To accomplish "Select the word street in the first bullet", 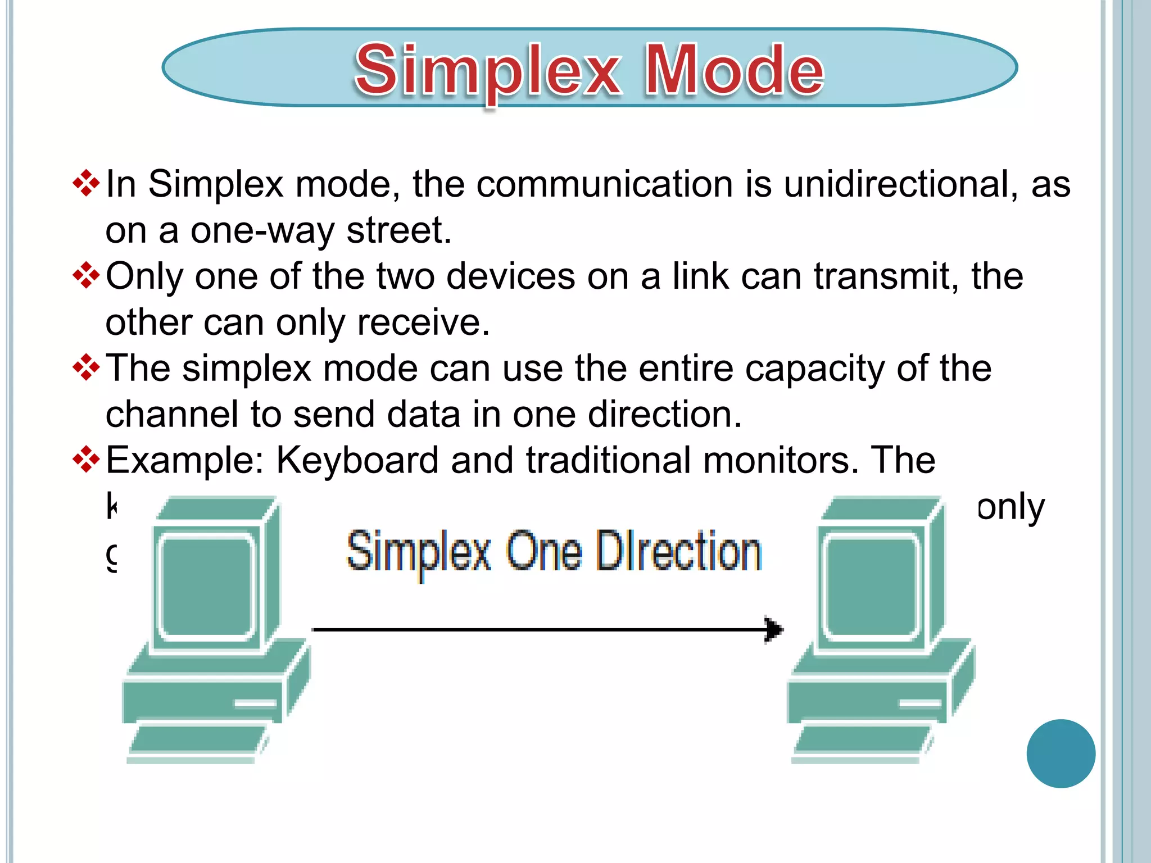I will click(x=398, y=230).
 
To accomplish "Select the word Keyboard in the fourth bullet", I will click(x=357, y=461).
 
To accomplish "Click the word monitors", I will click(x=781, y=461).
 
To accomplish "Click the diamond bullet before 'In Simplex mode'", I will click(x=87, y=184).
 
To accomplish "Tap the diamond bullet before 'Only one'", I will click(x=87, y=276).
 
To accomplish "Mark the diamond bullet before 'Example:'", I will click(x=87, y=460).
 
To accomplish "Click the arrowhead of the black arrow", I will click(x=774, y=629).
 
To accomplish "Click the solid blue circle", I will click(x=1061, y=753).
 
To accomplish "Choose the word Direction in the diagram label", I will click(x=678, y=552).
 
